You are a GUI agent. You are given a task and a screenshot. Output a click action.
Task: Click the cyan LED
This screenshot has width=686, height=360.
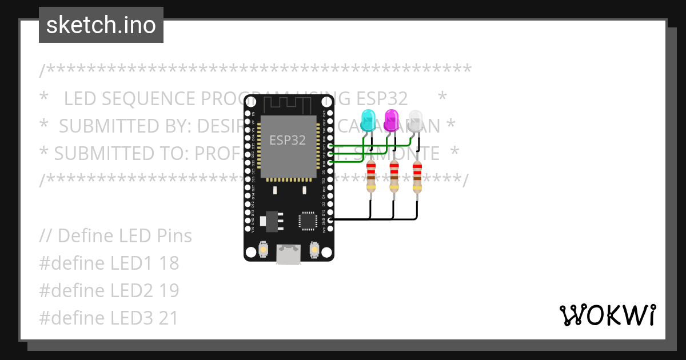pyautogui.click(x=369, y=118)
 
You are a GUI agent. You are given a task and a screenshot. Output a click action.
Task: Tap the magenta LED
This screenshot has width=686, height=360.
pyautogui.click(x=392, y=118)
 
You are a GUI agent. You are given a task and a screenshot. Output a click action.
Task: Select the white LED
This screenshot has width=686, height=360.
pyautogui.click(x=416, y=118)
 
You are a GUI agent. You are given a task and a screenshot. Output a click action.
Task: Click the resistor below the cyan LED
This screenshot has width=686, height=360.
pyautogui.click(x=371, y=177)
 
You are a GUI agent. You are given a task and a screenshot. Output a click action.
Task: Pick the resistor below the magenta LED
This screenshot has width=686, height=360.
pyautogui.click(x=394, y=177)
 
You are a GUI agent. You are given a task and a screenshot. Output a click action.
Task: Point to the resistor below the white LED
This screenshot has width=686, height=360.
pyautogui.click(x=417, y=177)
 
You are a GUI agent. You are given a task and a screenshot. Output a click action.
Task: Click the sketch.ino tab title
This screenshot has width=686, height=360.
pyautogui.click(x=101, y=25)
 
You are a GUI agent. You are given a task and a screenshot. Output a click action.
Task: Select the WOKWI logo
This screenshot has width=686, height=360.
pyautogui.click(x=607, y=315)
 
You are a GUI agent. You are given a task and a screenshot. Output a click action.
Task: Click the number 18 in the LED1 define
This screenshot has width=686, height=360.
pyautogui.click(x=169, y=263)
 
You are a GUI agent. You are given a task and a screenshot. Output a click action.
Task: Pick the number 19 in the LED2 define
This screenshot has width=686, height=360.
pyautogui.click(x=169, y=291)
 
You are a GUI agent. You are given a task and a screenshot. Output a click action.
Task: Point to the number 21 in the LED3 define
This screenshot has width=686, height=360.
pyautogui.click(x=169, y=318)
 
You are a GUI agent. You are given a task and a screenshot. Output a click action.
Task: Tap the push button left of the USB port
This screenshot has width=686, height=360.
pyautogui.click(x=264, y=249)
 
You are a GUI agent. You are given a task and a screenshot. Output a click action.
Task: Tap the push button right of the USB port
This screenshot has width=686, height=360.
pyautogui.click(x=314, y=249)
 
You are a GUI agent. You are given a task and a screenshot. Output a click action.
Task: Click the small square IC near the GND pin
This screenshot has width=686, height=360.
pyautogui.click(x=308, y=221)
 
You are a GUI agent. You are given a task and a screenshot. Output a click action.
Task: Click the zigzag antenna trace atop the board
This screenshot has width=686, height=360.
pyautogui.click(x=289, y=104)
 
